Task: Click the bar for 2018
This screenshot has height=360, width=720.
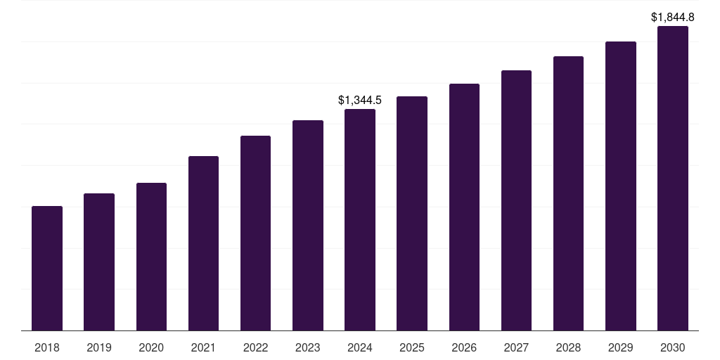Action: pos(47,269)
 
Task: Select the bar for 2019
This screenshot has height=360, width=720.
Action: pos(99,262)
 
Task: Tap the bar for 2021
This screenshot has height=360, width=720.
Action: pos(203,243)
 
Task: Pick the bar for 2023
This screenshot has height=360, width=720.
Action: pos(308,226)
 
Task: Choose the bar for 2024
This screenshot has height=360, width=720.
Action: pos(360,220)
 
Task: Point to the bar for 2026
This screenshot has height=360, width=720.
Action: pos(464,207)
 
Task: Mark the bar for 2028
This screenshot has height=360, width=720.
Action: pos(568,193)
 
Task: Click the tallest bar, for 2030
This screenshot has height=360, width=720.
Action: pos(673,179)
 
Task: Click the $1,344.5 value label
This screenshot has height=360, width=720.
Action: pos(360,101)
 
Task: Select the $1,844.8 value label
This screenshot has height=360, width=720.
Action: pos(673,17)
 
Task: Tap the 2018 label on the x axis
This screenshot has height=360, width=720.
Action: pos(47,347)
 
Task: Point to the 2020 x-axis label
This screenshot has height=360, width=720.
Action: pos(151,347)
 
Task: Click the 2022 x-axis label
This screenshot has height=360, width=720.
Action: pos(256,347)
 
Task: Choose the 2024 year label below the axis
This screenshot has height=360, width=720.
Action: pos(360,347)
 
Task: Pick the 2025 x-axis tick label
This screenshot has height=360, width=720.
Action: pos(412,347)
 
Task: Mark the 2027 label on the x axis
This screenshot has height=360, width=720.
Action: pos(516,347)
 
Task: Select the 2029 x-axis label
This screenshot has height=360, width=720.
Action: pos(621,347)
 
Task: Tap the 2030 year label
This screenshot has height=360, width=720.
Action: pos(673,347)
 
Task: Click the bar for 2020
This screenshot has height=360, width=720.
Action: pos(151,257)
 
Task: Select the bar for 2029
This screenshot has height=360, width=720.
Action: pos(621,186)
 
